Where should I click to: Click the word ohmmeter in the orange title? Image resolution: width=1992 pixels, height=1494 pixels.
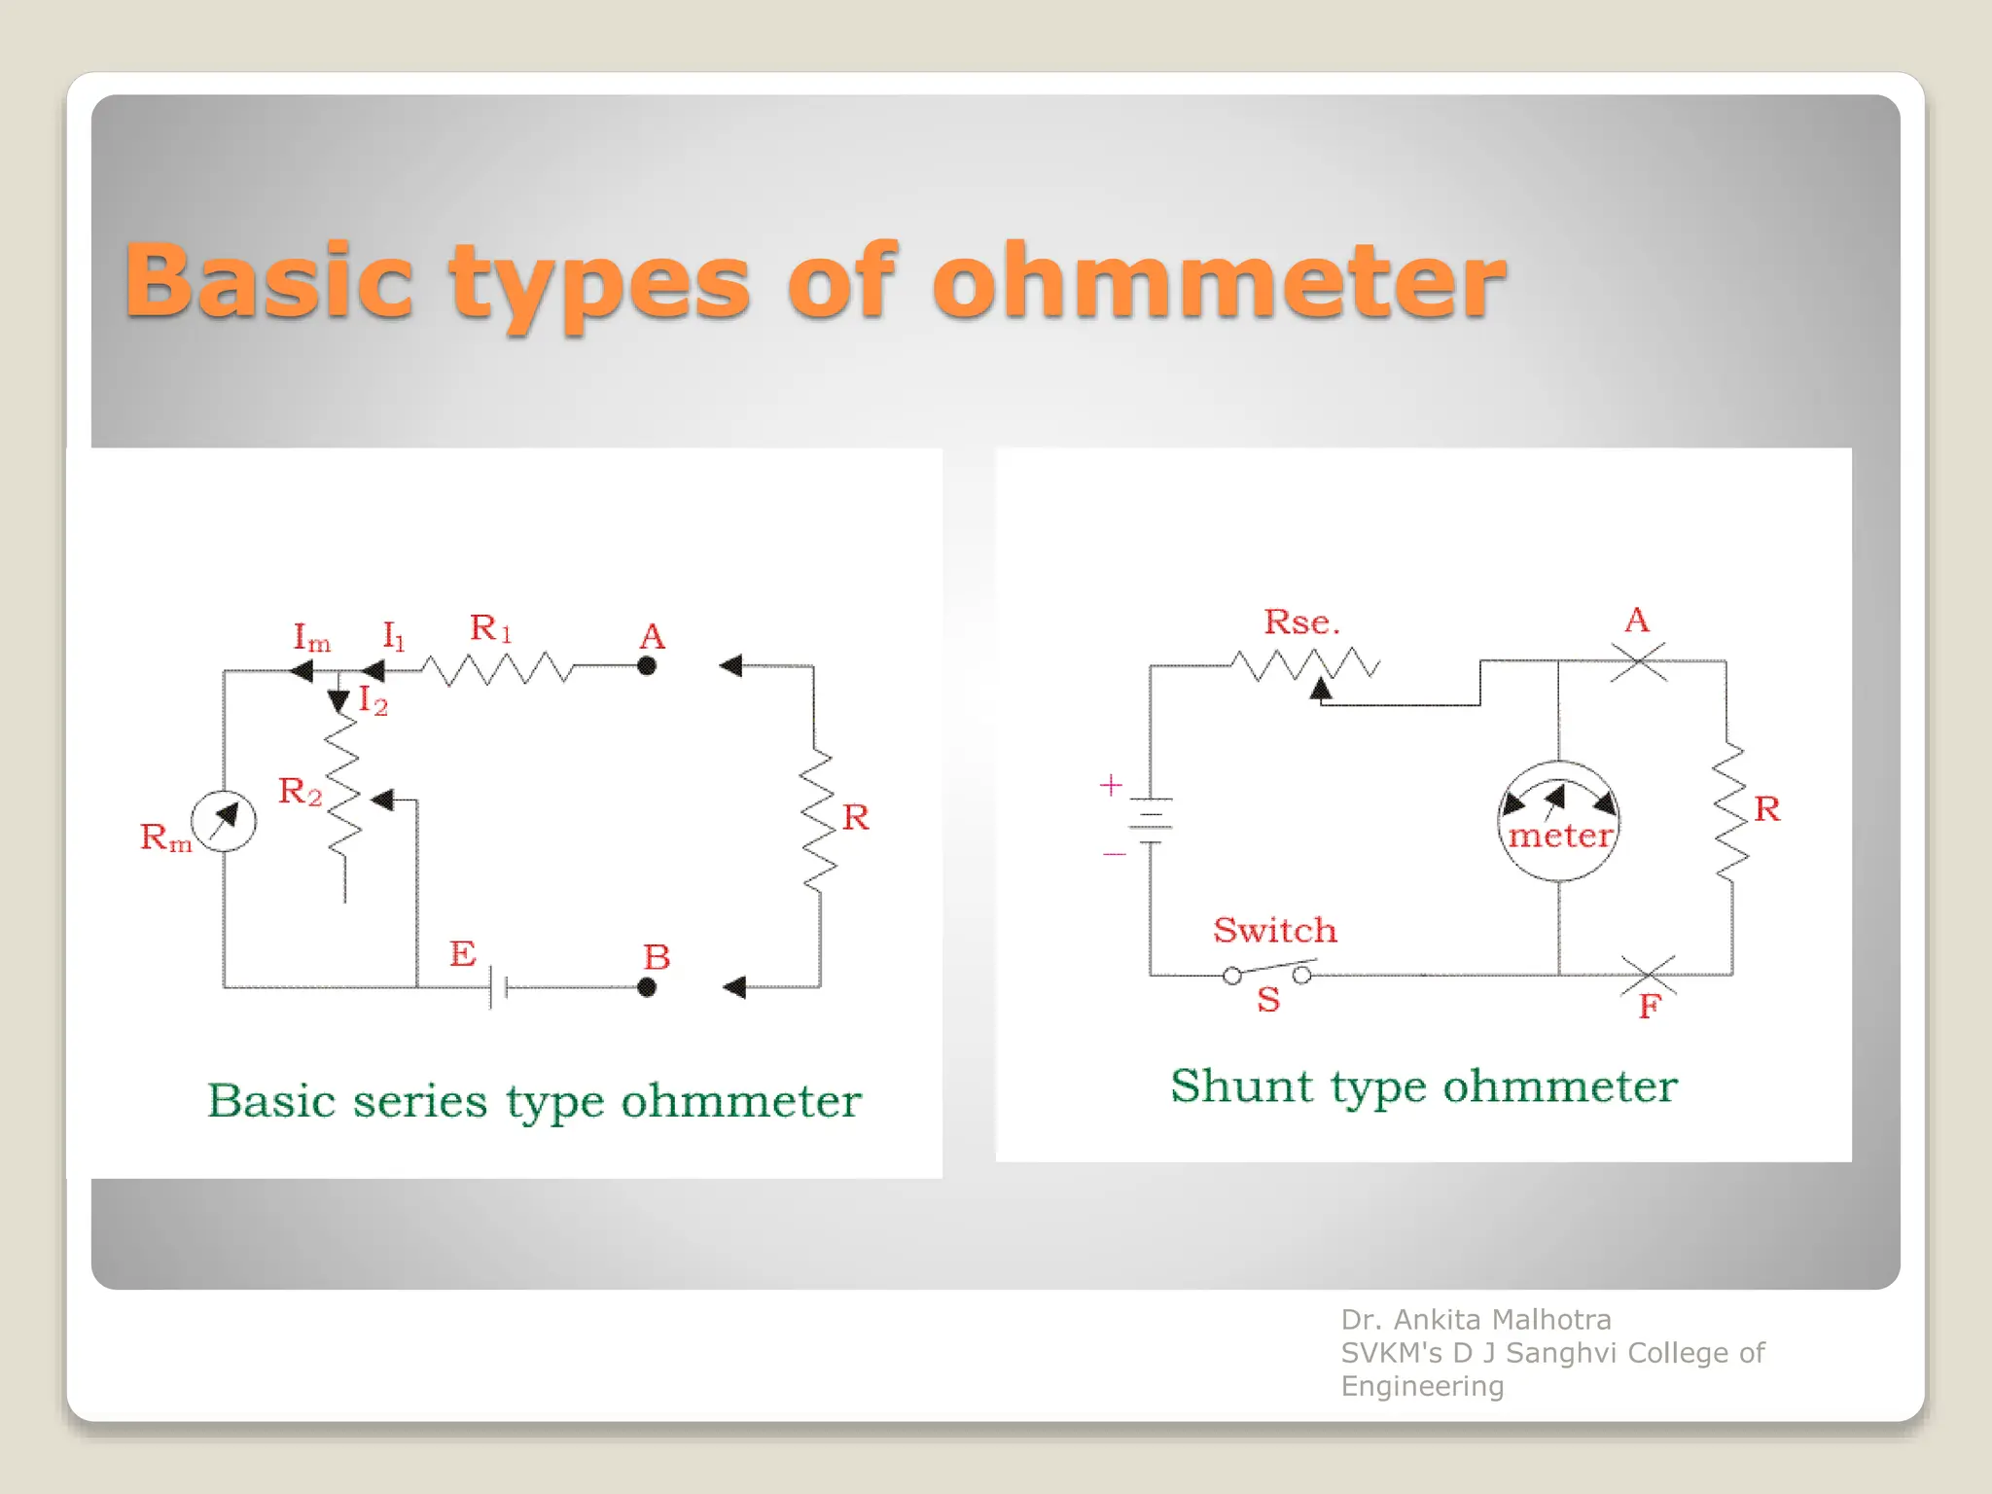1219,281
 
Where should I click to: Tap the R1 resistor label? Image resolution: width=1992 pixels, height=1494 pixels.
490,628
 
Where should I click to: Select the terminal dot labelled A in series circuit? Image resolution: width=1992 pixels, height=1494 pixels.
647,666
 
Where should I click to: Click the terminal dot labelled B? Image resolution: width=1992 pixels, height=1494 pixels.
647,987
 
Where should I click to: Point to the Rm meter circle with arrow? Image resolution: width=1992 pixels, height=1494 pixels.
224,822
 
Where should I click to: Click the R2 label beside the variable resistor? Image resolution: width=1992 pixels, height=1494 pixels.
300,792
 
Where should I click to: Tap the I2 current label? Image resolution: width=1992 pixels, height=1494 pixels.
373,700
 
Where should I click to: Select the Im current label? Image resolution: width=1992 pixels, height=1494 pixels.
311,638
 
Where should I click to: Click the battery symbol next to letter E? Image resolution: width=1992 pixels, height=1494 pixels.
497,987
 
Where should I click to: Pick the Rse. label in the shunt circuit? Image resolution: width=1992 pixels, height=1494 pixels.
1301,622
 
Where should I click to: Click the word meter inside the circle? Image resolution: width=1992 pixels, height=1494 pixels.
1559,836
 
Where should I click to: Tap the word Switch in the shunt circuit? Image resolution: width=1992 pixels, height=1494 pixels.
1274,931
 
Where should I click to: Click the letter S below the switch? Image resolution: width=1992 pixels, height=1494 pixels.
1268,1000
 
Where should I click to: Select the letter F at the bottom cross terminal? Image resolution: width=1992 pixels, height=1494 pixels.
1649,1007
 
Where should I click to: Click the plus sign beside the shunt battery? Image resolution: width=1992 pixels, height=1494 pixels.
1111,785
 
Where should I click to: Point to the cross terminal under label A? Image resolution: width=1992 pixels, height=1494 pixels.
1638,661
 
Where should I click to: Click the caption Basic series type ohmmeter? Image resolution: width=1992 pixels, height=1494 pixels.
534,1102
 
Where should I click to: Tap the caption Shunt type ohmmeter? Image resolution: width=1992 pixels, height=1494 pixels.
1424,1086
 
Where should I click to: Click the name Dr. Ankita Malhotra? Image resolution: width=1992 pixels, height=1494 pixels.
1476,1320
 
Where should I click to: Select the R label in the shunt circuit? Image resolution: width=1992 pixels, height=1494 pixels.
1766,809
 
